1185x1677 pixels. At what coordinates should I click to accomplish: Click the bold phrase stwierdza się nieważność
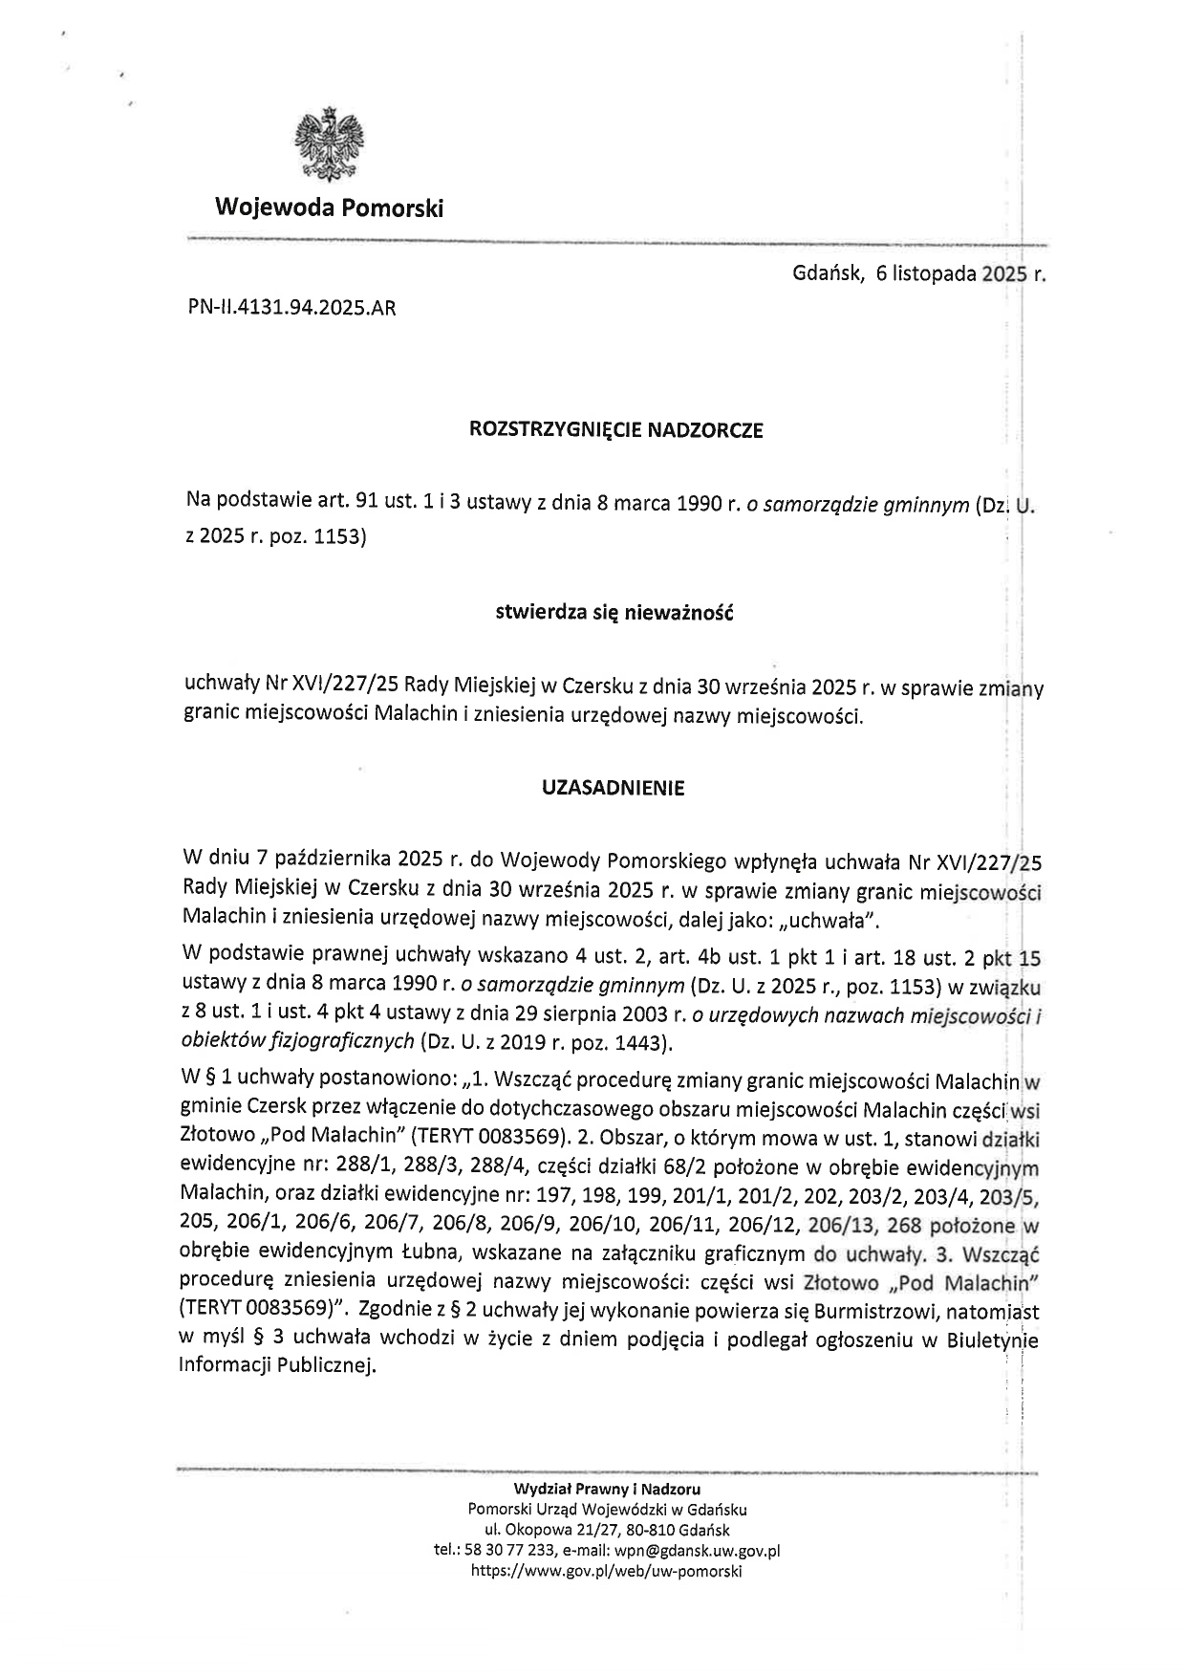pos(613,613)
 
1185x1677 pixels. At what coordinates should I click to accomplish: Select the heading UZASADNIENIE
pos(613,789)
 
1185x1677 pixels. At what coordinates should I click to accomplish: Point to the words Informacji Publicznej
pos(276,1365)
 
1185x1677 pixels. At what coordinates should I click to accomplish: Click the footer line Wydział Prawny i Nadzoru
pos(607,1490)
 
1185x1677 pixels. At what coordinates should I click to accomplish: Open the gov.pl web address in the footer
pos(607,1571)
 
